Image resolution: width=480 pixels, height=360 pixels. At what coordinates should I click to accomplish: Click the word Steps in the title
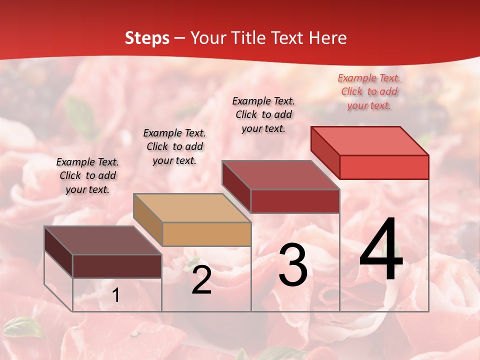click(147, 38)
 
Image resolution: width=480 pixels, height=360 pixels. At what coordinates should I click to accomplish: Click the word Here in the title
click(328, 38)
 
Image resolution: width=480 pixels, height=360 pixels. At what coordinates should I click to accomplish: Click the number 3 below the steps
click(292, 265)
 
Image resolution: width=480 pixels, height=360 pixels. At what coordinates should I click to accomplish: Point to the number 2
click(201, 280)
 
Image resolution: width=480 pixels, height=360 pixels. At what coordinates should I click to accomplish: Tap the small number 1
click(116, 295)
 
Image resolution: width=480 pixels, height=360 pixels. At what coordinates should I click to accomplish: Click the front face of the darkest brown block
click(117, 266)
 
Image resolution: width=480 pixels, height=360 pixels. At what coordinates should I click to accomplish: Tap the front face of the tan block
click(206, 234)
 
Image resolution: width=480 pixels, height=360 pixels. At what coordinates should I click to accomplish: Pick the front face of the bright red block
click(384, 167)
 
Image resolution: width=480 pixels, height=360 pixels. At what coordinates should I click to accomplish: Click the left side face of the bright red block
click(325, 152)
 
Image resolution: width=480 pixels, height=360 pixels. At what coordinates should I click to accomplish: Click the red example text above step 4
click(369, 91)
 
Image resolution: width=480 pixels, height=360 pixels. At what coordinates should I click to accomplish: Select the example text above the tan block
click(174, 146)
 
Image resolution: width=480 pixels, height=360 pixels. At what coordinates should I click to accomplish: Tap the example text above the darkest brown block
click(87, 175)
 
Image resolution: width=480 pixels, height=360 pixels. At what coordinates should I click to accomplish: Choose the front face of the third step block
click(295, 201)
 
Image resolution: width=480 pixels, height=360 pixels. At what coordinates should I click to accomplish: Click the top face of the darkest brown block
click(103, 240)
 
